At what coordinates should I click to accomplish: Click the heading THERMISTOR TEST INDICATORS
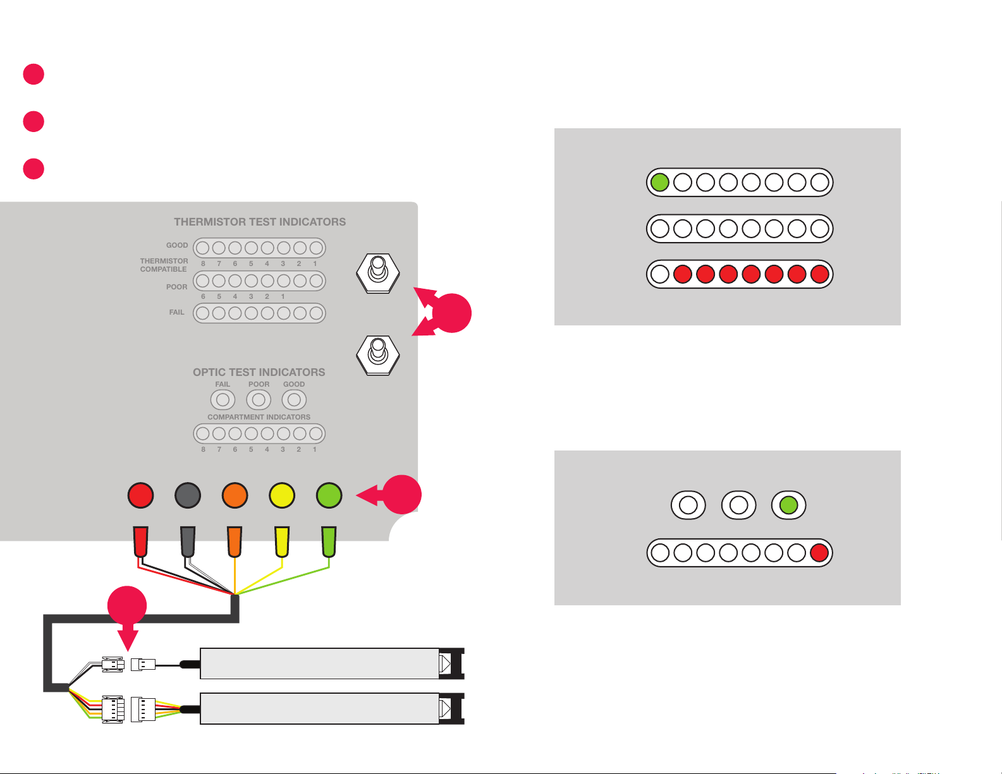(x=260, y=222)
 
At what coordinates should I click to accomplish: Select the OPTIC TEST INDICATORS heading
(x=259, y=372)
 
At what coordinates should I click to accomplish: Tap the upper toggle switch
(x=377, y=273)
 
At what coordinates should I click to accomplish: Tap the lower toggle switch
(x=377, y=355)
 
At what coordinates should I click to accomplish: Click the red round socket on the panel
(x=140, y=495)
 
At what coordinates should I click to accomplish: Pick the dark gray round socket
(x=188, y=495)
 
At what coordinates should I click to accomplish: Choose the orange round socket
(x=235, y=495)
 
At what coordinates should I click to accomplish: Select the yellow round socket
(x=282, y=495)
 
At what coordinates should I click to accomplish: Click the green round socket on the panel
(x=329, y=495)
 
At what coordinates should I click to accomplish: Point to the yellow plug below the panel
(x=282, y=542)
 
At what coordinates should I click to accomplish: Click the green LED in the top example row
(x=659, y=183)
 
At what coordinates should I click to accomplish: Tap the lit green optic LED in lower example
(x=788, y=505)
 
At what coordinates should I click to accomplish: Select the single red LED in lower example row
(x=819, y=553)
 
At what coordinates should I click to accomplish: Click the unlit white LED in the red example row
(x=659, y=274)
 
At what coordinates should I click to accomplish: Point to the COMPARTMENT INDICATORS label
(x=259, y=417)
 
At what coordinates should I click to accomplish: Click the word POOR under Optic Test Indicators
(x=259, y=384)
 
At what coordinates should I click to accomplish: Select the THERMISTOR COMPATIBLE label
(x=164, y=265)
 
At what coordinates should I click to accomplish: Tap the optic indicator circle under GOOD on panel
(x=294, y=400)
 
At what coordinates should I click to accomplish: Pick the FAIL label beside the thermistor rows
(x=176, y=312)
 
